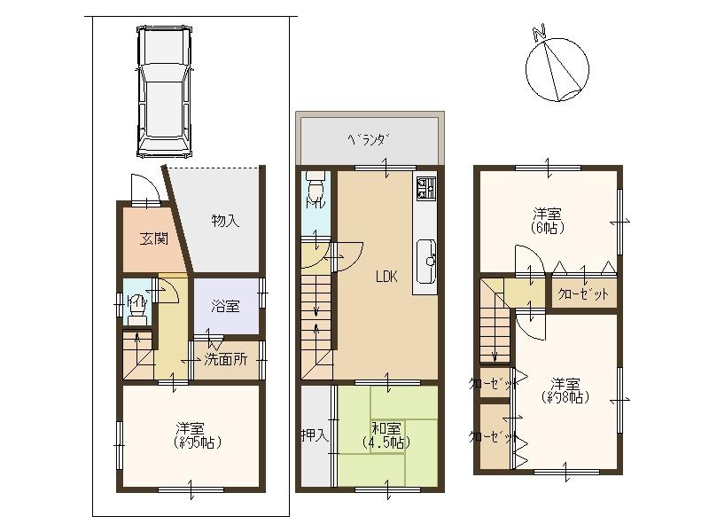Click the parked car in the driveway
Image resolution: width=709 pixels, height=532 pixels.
pyautogui.click(x=162, y=90)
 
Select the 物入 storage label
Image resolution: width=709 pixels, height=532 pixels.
pyautogui.click(x=225, y=221)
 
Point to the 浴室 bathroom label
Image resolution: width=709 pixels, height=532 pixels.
pyautogui.click(x=225, y=307)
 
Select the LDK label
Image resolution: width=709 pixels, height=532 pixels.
pyautogui.click(x=386, y=276)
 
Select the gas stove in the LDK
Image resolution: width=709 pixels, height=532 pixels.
pyautogui.click(x=425, y=189)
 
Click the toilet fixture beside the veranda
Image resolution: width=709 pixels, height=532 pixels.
pyautogui.click(x=315, y=186)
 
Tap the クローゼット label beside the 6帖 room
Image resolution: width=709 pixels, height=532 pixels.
pyautogui.click(x=584, y=295)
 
